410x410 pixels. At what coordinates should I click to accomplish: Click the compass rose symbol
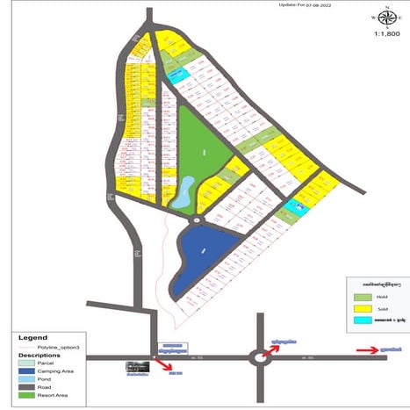(x=385, y=18)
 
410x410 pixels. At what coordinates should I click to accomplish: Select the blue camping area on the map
(x=200, y=255)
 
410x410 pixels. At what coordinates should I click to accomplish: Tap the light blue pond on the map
(x=183, y=194)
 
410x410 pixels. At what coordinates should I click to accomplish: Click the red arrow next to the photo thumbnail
(x=164, y=361)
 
